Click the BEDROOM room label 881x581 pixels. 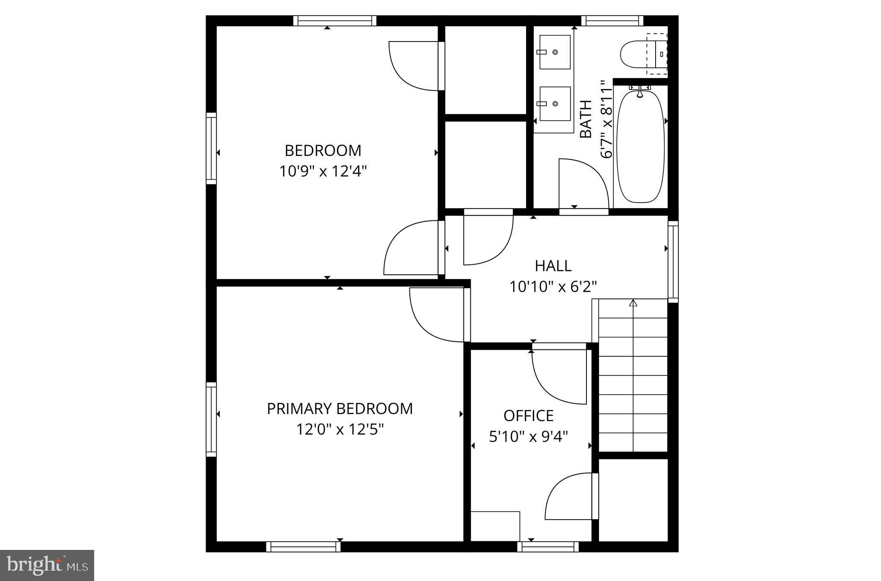[323, 150]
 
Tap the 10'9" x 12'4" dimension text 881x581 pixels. [323, 171]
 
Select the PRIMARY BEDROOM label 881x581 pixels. [339, 409]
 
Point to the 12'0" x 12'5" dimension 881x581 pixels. [339, 430]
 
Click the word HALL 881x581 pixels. [553, 266]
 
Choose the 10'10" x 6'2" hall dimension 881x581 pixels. [553, 287]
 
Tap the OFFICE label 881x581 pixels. [528, 416]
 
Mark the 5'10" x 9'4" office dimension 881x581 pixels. [528, 437]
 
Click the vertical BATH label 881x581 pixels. [585, 119]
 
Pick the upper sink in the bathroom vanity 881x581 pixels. [555, 52]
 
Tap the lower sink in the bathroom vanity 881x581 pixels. [555, 104]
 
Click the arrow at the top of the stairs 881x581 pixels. [633, 303]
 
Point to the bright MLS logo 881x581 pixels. [47, 565]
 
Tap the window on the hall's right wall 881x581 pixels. [673, 261]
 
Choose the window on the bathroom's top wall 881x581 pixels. [612, 20]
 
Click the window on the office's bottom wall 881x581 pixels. [548, 547]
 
